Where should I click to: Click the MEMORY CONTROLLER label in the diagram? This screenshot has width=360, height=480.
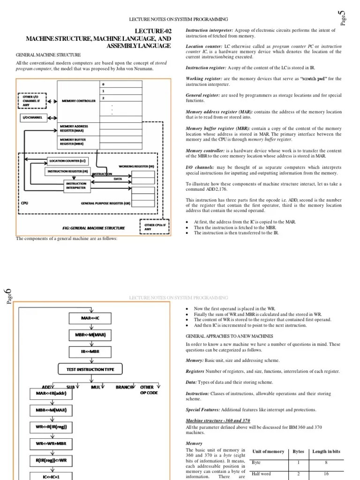coord(79,101)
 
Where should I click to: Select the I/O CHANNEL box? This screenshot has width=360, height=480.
coord(32,118)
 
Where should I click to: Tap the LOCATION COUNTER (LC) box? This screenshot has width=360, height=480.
coord(68,161)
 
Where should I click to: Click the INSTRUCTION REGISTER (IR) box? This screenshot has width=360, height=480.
coord(68,172)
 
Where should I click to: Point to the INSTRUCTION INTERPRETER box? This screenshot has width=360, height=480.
coord(76,186)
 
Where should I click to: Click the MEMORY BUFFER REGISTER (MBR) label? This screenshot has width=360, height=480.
coord(73,142)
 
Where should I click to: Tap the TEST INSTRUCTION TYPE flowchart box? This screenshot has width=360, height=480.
coord(93,369)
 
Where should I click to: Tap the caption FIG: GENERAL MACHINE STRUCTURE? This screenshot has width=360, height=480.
coord(94,228)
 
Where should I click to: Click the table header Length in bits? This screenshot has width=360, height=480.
coord(326,451)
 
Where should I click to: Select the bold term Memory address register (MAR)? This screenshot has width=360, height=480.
coord(219,112)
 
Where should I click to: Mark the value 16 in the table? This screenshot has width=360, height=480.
coord(326,474)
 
